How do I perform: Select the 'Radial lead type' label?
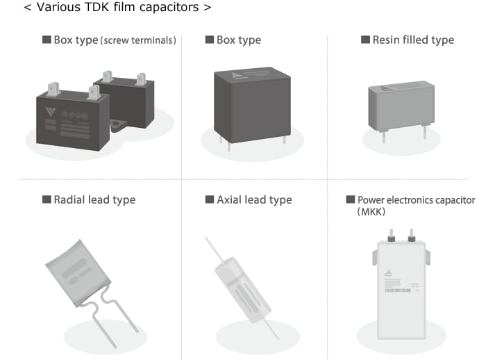click(x=94, y=199)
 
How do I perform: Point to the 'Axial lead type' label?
click(x=254, y=199)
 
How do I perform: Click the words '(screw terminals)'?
click(x=138, y=40)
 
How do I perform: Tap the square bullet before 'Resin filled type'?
click(x=366, y=40)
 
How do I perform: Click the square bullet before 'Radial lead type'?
click(x=47, y=199)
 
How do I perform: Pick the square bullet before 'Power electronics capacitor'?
click(x=351, y=199)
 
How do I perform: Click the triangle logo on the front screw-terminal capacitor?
click(x=50, y=111)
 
